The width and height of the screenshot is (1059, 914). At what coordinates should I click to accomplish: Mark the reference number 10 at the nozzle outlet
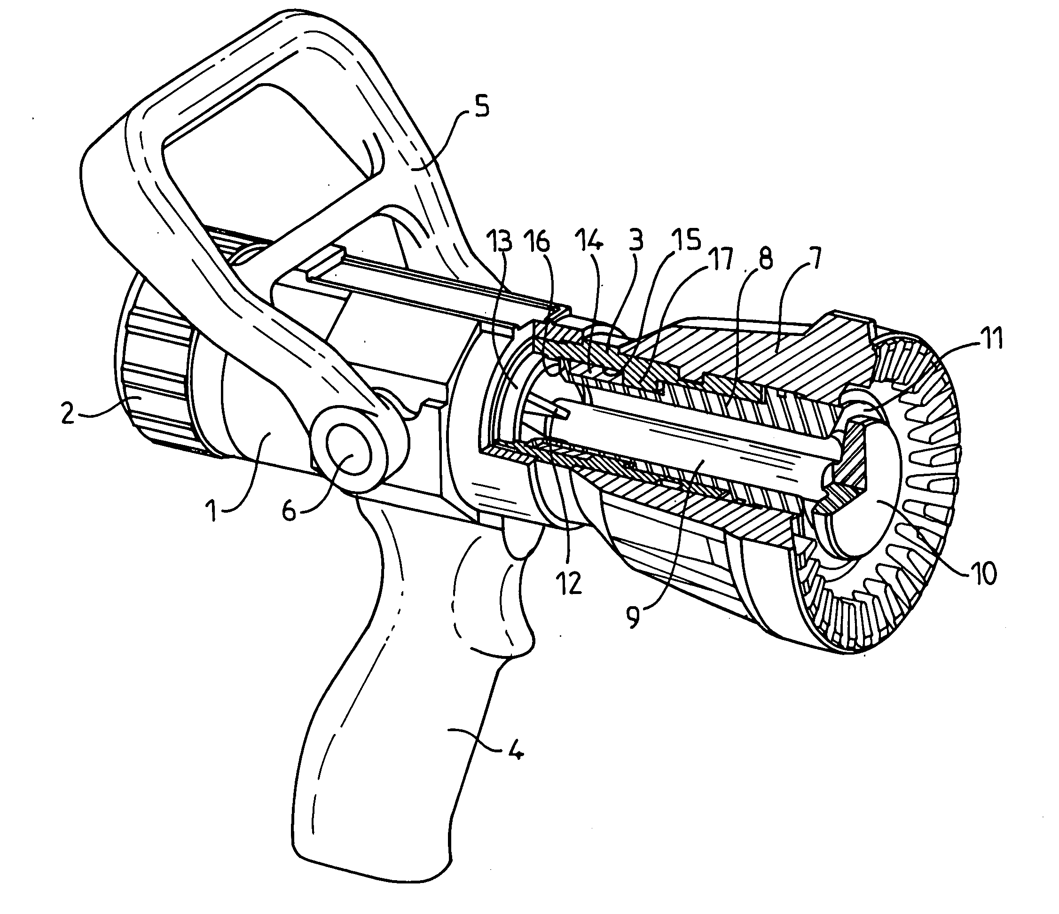coord(984,573)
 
